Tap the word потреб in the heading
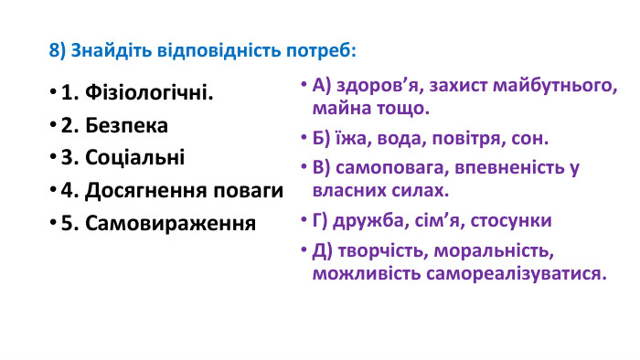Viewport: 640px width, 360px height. click(x=323, y=48)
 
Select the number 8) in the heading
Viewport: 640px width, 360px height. click(x=58, y=48)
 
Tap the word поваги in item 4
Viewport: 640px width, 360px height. click(x=250, y=191)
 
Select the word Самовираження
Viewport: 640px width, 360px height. click(x=170, y=223)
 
